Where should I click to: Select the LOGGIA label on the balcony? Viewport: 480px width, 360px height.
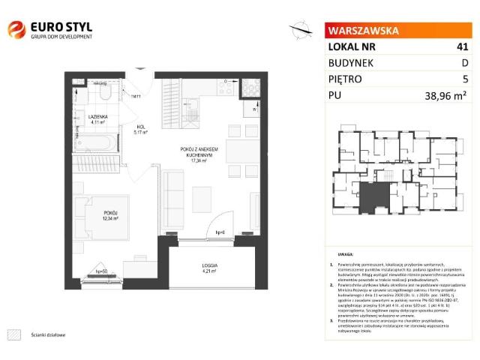(209, 265)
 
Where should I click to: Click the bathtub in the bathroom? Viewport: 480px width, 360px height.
(96, 142)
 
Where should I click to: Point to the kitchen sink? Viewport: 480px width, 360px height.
(198, 89)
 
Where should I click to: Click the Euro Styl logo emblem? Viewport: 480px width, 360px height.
(16, 31)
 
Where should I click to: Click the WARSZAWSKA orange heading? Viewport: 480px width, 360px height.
(362, 31)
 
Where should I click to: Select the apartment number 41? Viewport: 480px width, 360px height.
(462, 46)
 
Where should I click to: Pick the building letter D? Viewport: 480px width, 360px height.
(464, 62)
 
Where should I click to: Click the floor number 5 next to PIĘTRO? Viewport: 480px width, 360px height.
(465, 78)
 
